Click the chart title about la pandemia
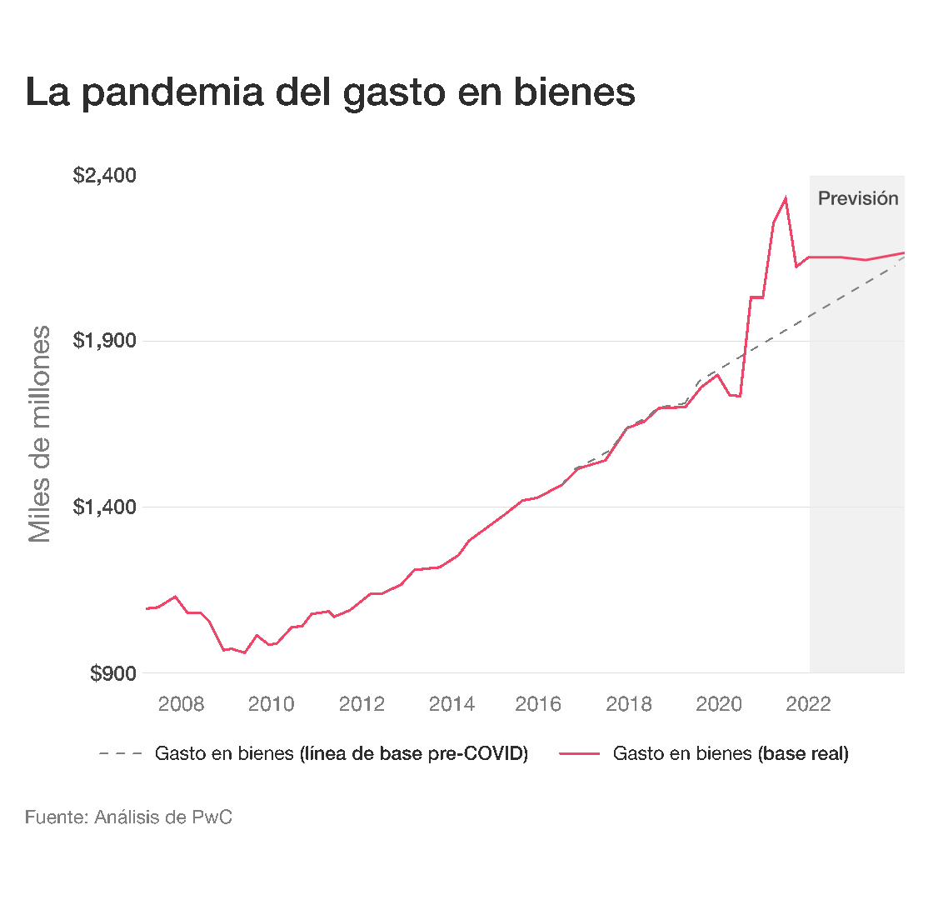click(330, 92)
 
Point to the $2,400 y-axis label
click(105, 176)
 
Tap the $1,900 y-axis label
click(105, 341)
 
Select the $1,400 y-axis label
click(105, 507)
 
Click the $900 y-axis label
click(113, 672)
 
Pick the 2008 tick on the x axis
click(181, 704)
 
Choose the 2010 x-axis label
click(271, 704)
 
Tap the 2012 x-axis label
click(362, 704)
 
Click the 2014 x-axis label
click(452, 704)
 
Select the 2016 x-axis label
click(538, 704)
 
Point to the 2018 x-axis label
click(629, 704)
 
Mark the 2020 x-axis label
click(719, 704)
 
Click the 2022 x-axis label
click(808, 704)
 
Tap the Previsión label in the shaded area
click(858, 198)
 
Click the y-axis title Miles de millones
click(40, 433)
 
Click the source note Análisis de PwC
click(128, 817)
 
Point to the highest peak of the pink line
click(785, 197)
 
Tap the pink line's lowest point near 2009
click(244, 652)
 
